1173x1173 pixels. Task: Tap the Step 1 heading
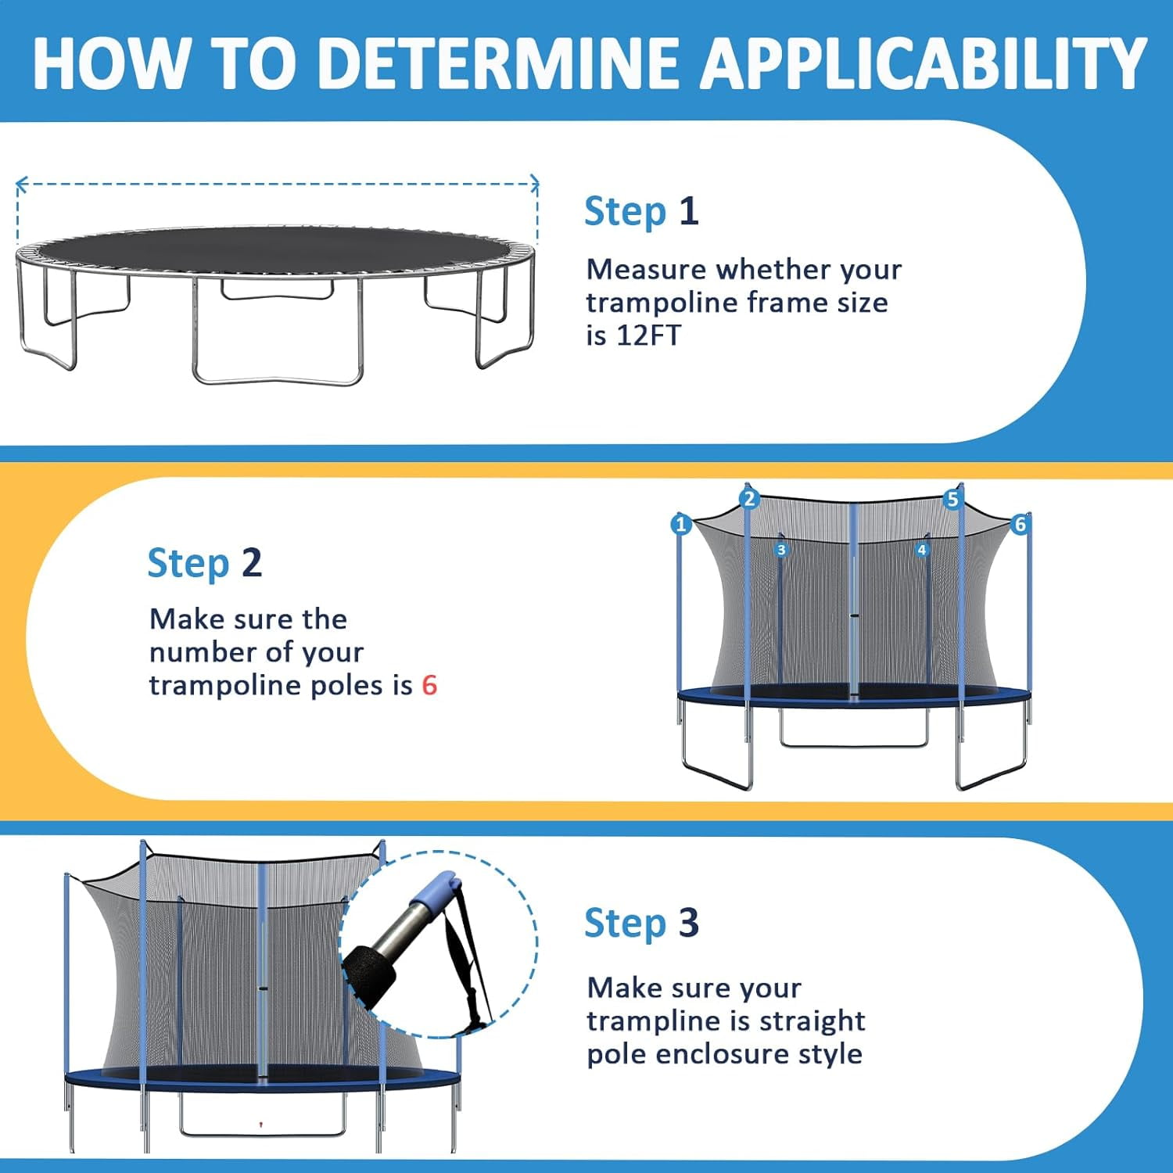click(641, 212)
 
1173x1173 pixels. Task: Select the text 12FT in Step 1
click(648, 335)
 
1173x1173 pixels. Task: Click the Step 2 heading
click(204, 563)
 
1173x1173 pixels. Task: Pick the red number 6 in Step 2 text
click(429, 686)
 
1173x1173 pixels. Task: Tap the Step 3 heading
click(641, 923)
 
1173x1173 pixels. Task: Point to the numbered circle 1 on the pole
click(680, 524)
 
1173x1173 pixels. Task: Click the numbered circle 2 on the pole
click(749, 499)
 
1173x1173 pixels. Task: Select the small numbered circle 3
click(780, 551)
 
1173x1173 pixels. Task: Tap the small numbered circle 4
click(922, 551)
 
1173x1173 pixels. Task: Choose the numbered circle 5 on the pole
click(952, 499)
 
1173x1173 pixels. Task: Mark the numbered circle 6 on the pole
click(1020, 524)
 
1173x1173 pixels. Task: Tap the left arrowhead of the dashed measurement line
click(21, 185)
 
